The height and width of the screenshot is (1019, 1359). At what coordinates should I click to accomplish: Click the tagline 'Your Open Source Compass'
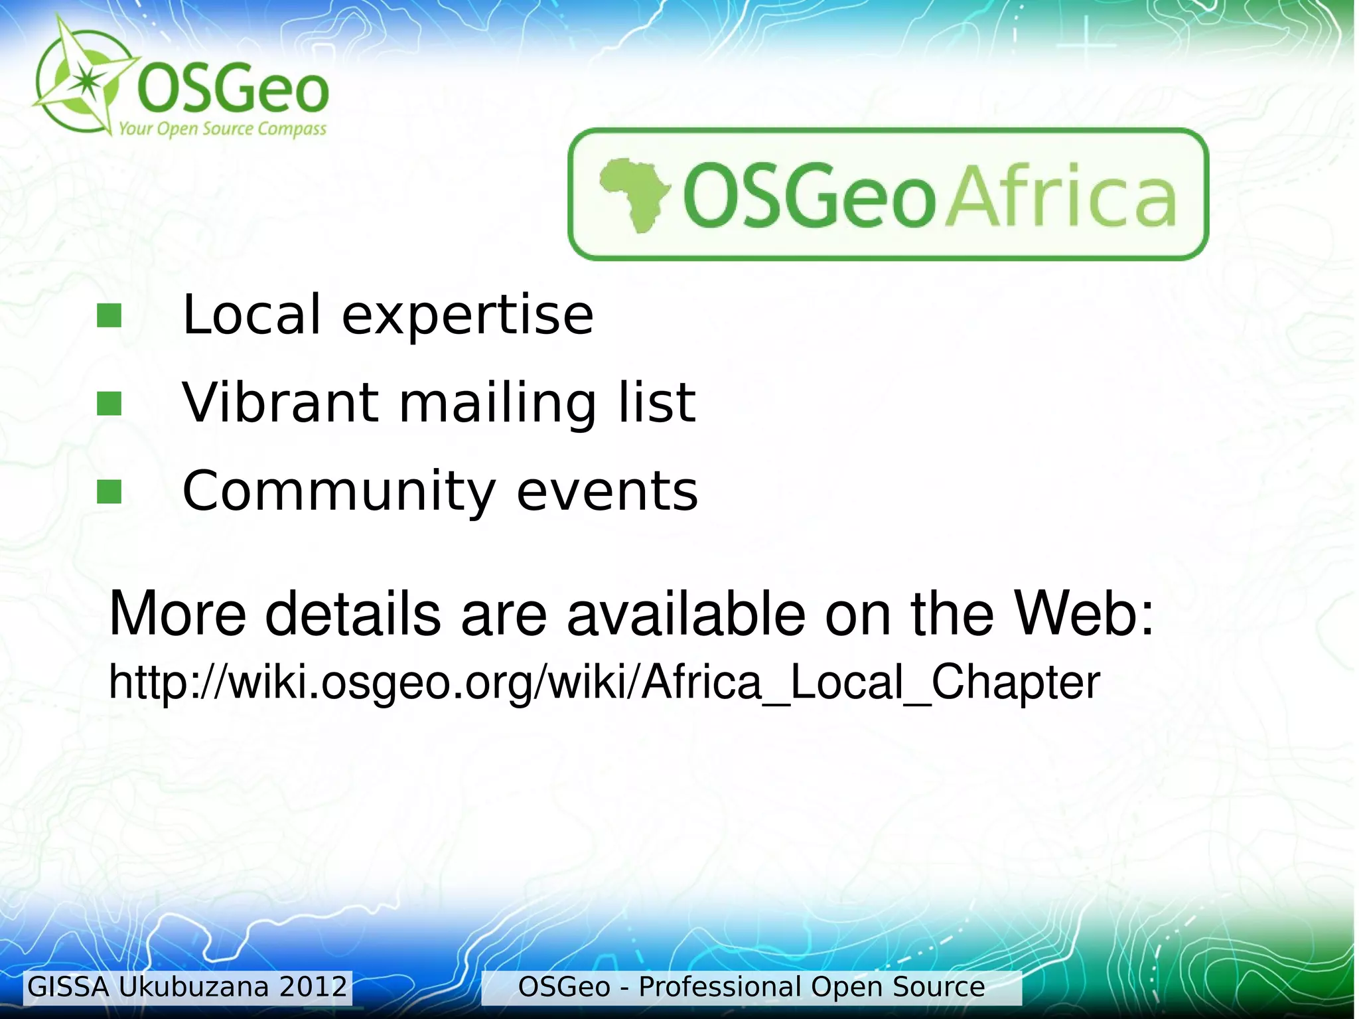pyautogui.click(x=222, y=128)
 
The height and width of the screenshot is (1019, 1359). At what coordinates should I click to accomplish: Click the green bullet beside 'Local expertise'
pyautogui.click(x=109, y=316)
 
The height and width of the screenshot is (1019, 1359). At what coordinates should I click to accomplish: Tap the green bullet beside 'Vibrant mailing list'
pyautogui.click(x=109, y=403)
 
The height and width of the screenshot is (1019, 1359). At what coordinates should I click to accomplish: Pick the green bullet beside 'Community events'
pyautogui.click(x=109, y=492)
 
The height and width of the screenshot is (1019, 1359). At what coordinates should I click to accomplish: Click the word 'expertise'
pyautogui.click(x=467, y=315)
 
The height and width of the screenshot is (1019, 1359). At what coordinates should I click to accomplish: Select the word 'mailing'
pyautogui.click(x=498, y=404)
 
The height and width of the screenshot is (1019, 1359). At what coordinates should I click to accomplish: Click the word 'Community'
pyautogui.click(x=339, y=491)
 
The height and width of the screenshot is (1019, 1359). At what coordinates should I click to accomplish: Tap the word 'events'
pyautogui.click(x=607, y=491)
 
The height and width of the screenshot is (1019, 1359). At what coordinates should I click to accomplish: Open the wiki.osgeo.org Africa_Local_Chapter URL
pyautogui.click(x=604, y=682)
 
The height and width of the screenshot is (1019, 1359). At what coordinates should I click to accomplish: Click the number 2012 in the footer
pyautogui.click(x=313, y=987)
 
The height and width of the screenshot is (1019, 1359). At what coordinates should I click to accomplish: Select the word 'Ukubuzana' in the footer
pyautogui.click(x=194, y=987)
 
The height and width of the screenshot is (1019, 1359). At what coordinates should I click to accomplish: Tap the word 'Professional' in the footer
pyautogui.click(x=720, y=987)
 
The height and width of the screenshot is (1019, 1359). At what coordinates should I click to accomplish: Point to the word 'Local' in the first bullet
pyautogui.click(x=252, y=315)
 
